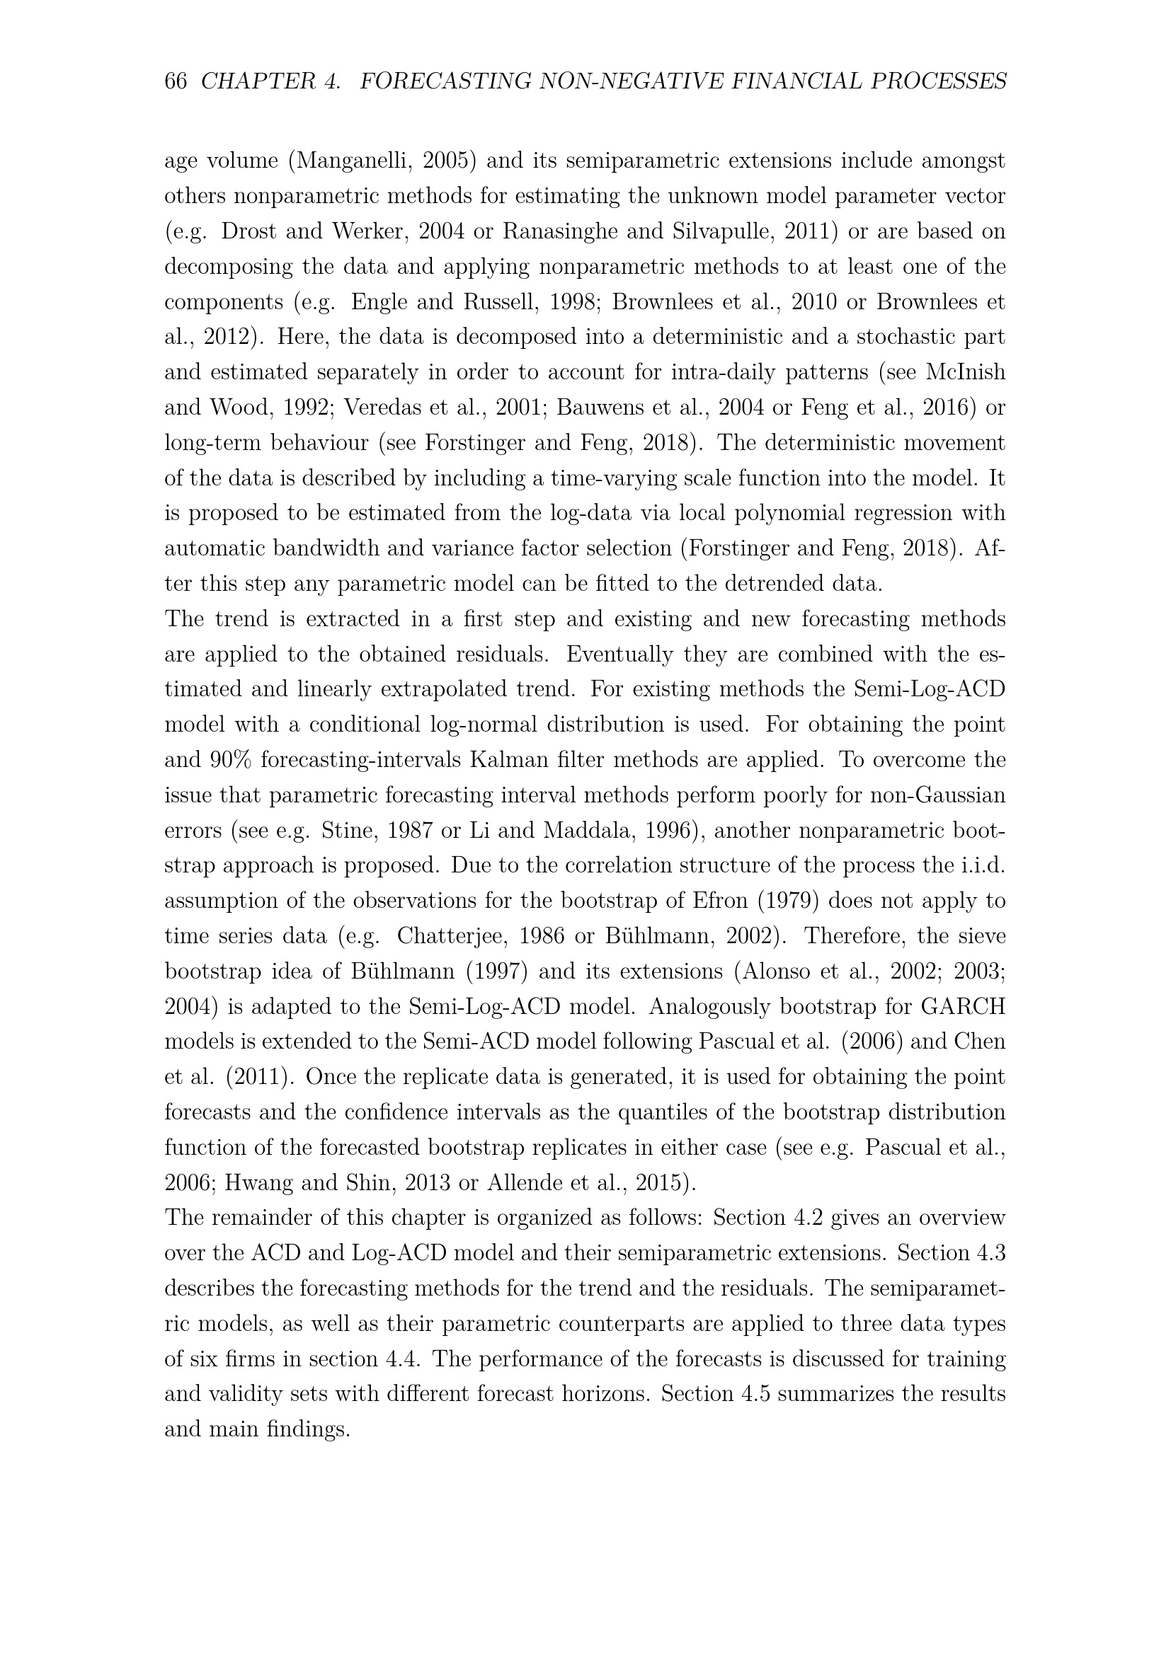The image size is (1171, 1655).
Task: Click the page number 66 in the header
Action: coord(176,81)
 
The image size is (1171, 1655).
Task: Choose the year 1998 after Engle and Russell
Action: coord(570,301)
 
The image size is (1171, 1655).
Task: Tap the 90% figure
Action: coord(229,760)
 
